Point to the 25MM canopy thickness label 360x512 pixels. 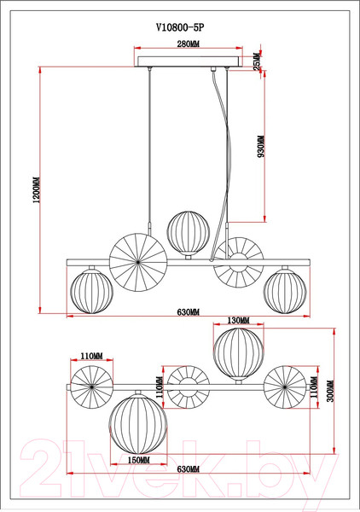click(258, 62)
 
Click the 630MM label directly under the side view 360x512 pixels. click(189, 312)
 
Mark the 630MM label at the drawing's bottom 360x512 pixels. click(188, 470)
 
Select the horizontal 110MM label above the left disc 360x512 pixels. click(91, 356)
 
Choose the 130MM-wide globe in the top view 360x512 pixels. click(239, 352)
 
